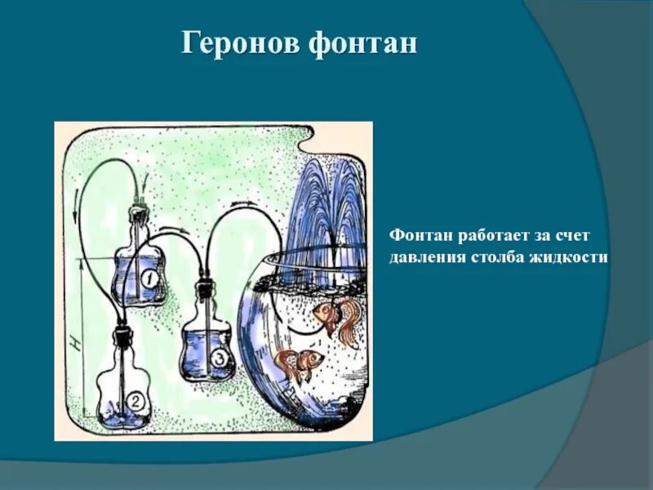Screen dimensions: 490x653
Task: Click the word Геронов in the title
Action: click(x=240, y=43)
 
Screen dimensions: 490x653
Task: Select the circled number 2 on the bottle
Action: click(x=135, y=402)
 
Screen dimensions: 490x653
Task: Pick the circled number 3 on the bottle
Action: click(x=218, y=359)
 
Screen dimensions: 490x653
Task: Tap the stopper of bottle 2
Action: click(x=122, y=333)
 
